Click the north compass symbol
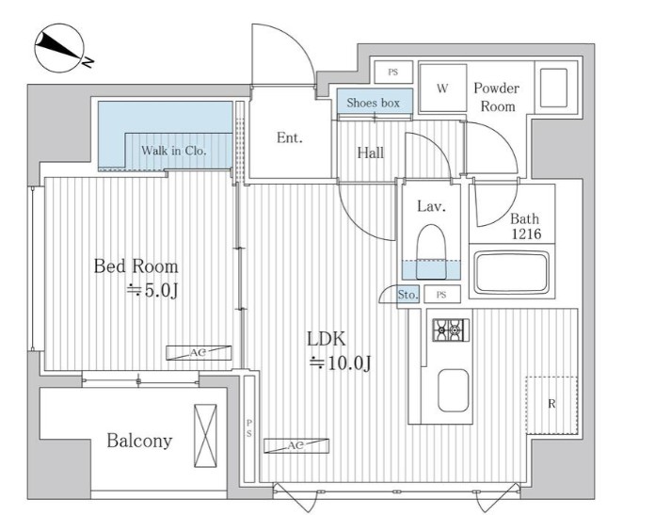coord(60,49)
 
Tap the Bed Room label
coord(136,266)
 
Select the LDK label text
coord(327,339)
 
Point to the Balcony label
coord(139,441)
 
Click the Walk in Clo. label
coord(174,151)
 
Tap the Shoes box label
coord(373,103)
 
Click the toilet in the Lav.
coord(432,251)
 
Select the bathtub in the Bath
coord(512,272)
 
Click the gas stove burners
coord(450,330)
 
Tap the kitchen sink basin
coord(453,391)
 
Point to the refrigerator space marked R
coord(551,405)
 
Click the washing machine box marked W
coord(443,88)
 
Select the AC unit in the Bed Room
coord(199,353)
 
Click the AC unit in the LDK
coord(296,445)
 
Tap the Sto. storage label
coord(407,295)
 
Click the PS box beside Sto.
coord(442,295)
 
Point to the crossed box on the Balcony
coord(205,436)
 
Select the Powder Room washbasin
coord(553,89)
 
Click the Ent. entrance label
coord(290,137)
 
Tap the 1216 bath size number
coord(527,234)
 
